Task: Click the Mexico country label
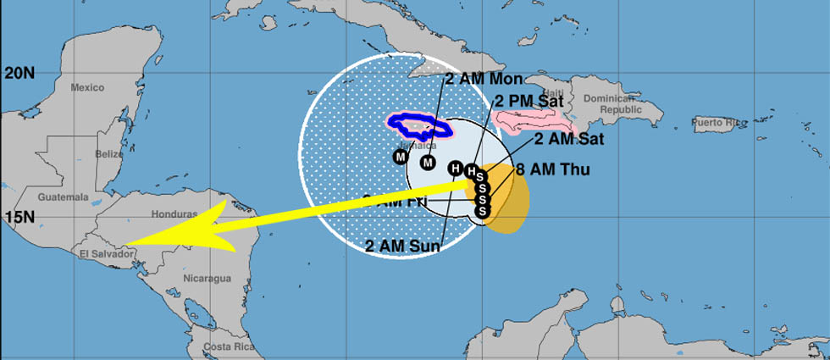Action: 86,88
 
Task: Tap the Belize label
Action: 109,154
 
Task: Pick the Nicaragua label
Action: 207,279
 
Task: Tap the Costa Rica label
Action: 224,348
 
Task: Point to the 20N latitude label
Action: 19,74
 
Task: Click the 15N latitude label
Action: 19,217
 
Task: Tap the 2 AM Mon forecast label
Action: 484,79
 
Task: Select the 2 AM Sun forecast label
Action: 403,246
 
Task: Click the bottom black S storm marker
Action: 481,211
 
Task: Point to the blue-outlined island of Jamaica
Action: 418,126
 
